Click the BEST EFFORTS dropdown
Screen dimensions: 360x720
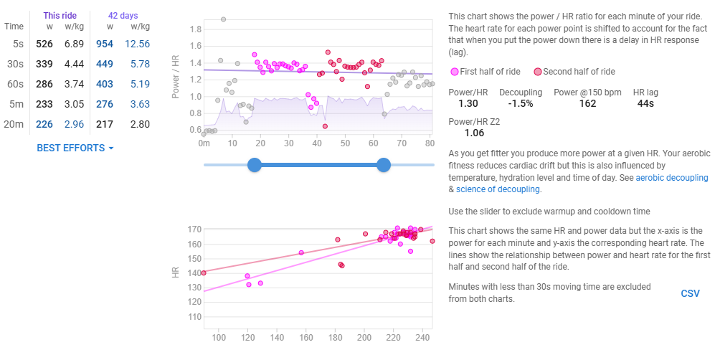(x=75, y=148)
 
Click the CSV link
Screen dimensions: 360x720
(x=690, y=293)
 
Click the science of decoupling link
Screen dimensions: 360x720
(x=498, y=189)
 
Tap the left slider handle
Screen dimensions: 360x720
(x=254, y=165)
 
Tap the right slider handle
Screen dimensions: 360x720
(x=384, y=165)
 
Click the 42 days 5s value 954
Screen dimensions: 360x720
(x=104, y=44)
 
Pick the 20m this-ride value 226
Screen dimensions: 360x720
(x=44, y=124)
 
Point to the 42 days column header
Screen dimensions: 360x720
(x=123, y=14)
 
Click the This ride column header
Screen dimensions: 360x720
(x=61, y=14)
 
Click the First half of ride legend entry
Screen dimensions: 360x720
(x=487, y=72)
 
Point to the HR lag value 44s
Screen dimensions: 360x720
(x=646, y=103)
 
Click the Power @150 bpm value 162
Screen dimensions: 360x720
(x=587, y=103)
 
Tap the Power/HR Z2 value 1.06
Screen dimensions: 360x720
(x=475, y=132)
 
